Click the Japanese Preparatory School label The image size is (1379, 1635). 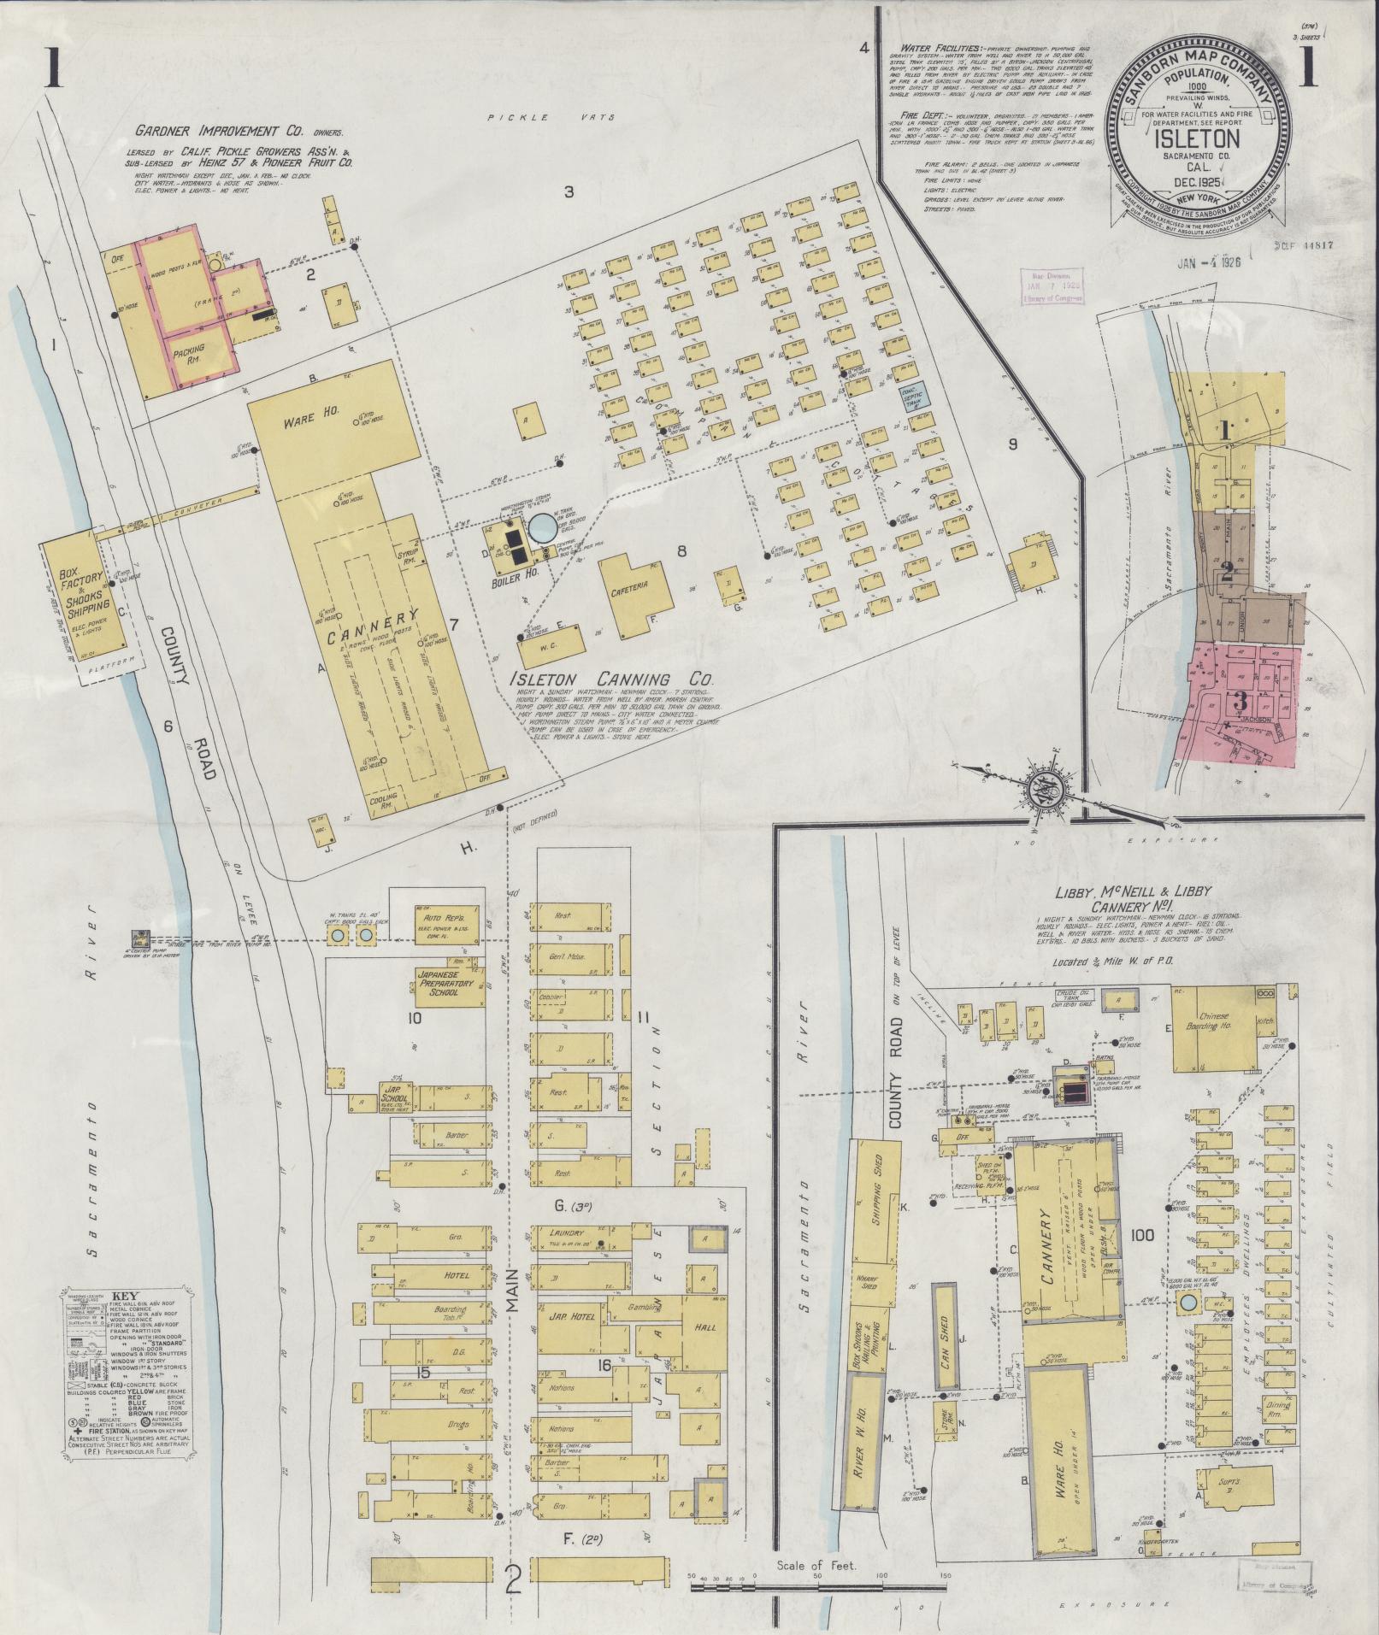click(x=443, y=989)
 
